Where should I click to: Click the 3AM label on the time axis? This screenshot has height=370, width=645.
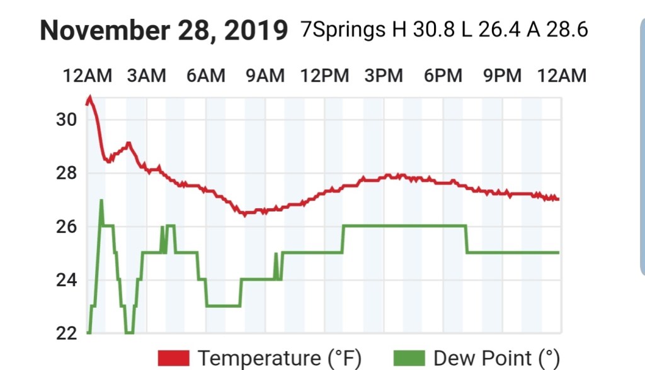click(146, 76)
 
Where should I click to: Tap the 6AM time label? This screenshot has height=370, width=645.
click(205, 76)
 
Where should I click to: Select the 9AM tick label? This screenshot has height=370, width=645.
click(265, 76)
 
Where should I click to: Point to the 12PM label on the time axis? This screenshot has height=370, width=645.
click(324, 76)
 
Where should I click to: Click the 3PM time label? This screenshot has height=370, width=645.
click(384, 76)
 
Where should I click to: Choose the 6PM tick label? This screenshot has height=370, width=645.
click(443, 76)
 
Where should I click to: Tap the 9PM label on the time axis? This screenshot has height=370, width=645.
click(502, 76)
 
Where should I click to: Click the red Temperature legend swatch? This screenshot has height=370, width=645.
click(174, 358)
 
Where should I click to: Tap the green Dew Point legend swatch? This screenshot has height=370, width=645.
click(409, 358)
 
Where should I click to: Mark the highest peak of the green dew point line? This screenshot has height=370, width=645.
click(101, 201)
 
